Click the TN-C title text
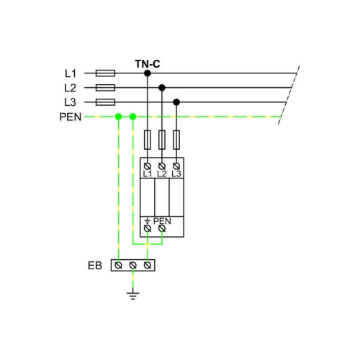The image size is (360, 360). pos(148,64)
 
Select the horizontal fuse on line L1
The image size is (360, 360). pos(105,73)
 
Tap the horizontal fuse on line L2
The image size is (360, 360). pos(105,88)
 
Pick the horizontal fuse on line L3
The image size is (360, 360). pos(105,102)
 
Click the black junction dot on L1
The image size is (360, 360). pos(148,73)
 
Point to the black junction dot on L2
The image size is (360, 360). pos(162,88)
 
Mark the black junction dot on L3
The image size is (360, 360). pos(176,102)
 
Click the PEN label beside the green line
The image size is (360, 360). pos(71,117)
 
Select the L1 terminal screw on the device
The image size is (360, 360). pos(148,166)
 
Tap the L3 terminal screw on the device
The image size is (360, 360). pos(176,166)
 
